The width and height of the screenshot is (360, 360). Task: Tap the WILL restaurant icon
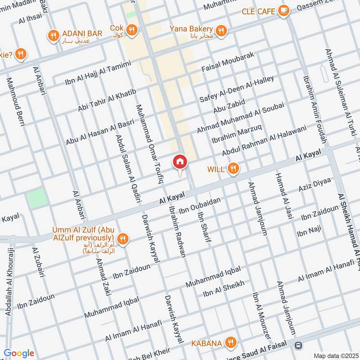tap(233, 169)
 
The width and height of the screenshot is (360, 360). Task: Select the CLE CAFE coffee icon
tap(283, 11)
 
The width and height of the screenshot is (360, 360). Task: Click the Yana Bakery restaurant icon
tap(220, 31)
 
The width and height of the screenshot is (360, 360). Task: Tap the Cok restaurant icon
tap(132, 30)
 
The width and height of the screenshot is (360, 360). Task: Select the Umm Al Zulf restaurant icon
tap(121, 238)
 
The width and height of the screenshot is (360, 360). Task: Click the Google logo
tap(19, 353)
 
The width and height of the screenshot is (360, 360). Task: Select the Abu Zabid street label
tap(229, 107)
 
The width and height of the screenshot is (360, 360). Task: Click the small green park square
tap(36, 198)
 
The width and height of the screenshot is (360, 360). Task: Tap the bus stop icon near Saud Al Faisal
tap(297, 346)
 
